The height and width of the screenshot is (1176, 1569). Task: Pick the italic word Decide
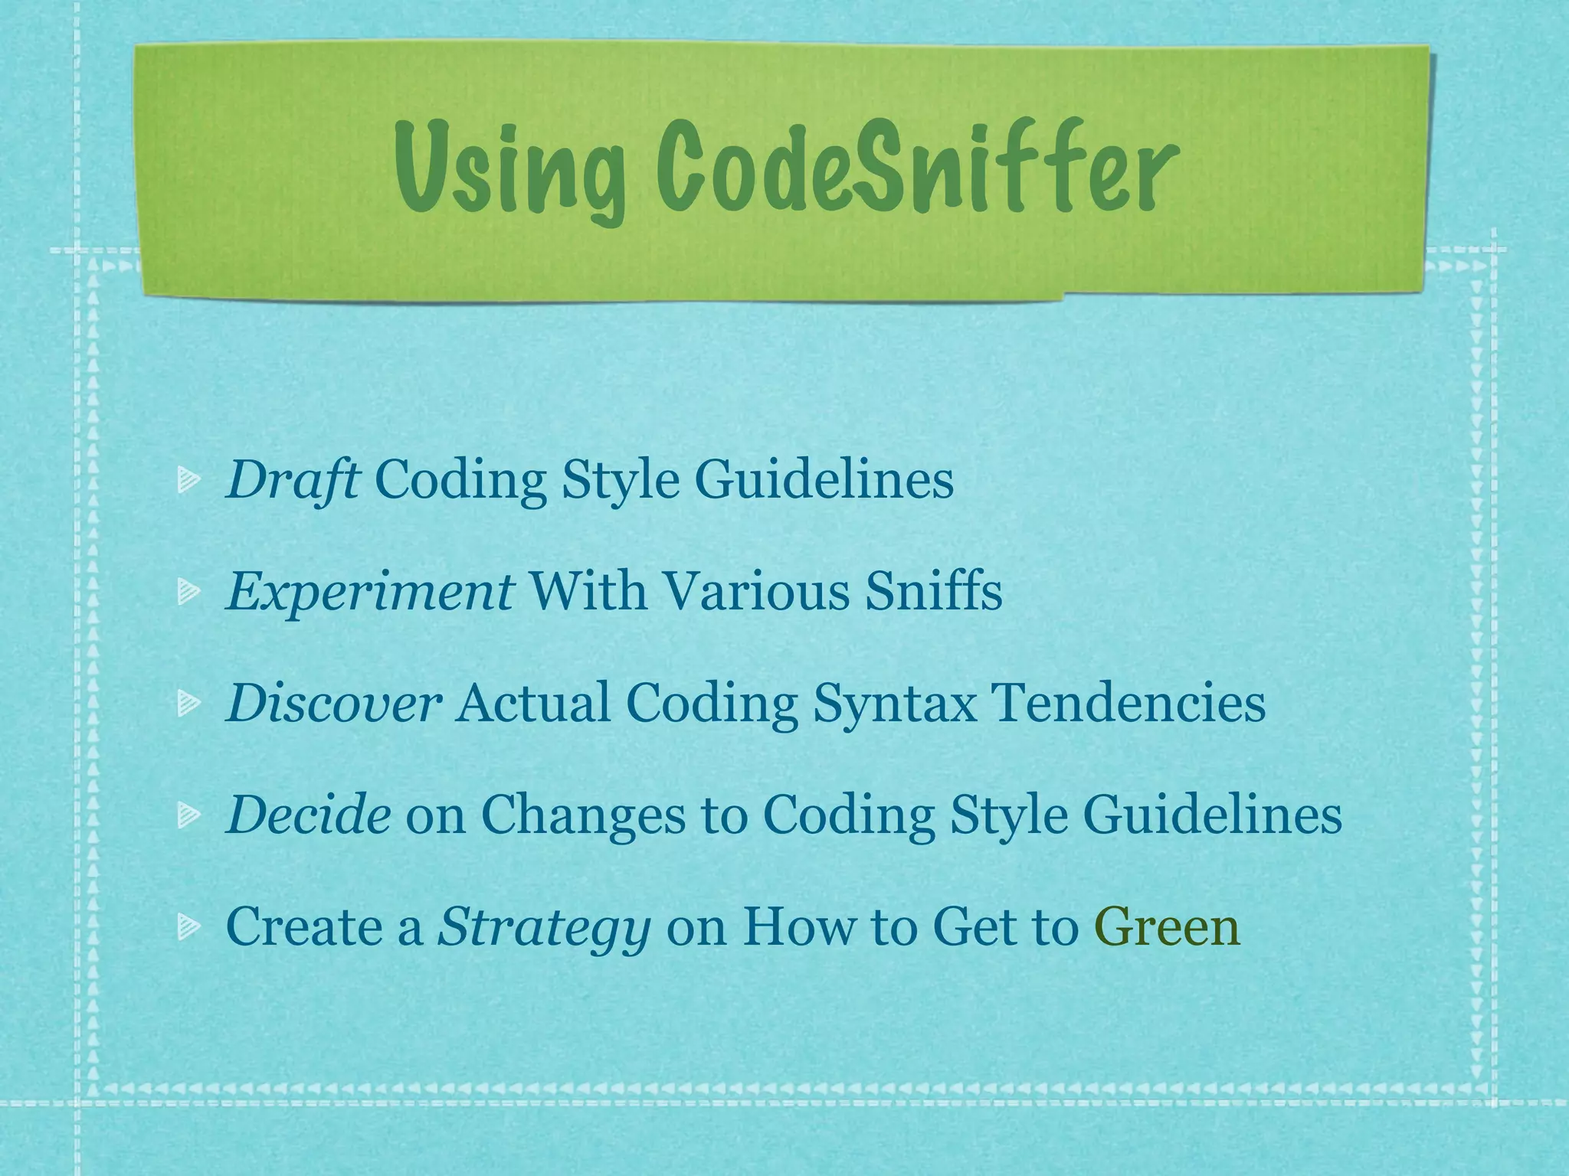[308, 815]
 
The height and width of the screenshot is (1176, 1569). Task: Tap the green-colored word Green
[1168, 926]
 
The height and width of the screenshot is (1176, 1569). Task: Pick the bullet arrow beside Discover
[188, 704]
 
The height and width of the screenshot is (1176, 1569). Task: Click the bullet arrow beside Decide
[188, 815]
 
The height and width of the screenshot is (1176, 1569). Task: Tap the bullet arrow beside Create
[188, 927]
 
